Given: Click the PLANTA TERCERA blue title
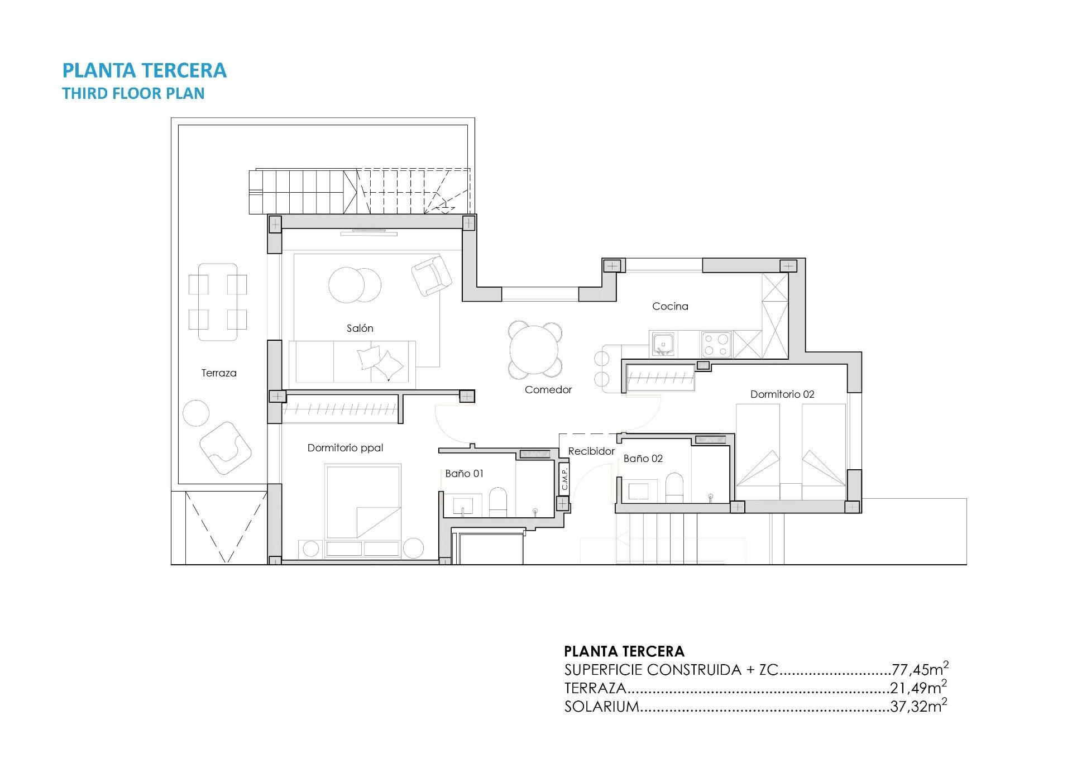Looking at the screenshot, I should point(144,70).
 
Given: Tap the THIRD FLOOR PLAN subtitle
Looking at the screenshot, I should point(133,93).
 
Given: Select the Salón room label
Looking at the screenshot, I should point(360,328).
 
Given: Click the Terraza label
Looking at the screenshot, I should point(219,373).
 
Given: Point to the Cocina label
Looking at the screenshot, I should point(670,306).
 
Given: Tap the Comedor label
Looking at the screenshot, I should point(548,390).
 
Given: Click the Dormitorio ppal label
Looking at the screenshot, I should point(345,448).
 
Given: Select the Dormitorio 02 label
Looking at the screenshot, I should point(782,394).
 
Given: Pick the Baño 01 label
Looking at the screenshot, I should point(464,474).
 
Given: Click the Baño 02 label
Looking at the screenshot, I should point(643,459).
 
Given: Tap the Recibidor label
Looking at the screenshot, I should point(591,451).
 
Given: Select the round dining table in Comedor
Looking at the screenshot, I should point(534,350).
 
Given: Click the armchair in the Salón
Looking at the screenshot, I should point(431,275).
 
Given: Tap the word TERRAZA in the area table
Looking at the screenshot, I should point(595,688).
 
